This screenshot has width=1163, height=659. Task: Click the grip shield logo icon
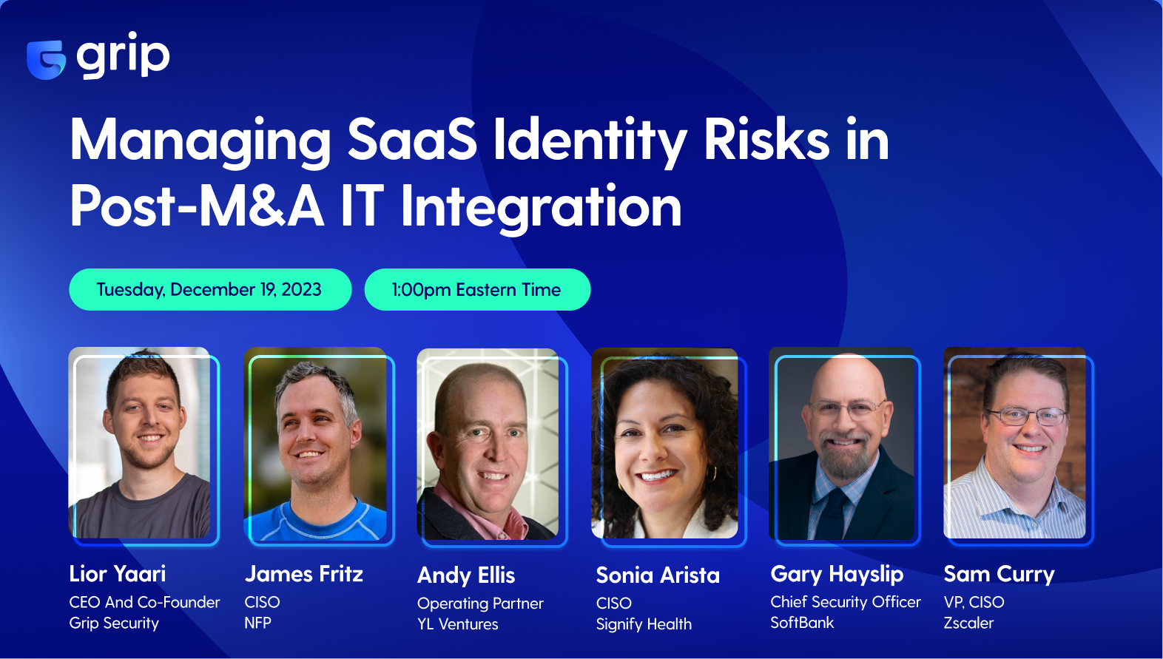46,59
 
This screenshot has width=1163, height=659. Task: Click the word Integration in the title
541,206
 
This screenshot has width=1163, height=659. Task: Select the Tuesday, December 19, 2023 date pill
209,289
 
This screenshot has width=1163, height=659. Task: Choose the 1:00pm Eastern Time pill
476,289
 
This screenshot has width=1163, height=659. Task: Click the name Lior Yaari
118,574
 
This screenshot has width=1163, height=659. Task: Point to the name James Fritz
303,574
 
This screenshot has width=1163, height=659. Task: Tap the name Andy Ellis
466,575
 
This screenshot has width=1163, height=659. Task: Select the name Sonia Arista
657,575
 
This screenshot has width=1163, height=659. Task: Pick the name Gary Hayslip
837,574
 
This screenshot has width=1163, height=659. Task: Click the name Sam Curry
999,574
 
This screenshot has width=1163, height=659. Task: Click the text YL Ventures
458,624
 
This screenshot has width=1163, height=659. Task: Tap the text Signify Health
644,624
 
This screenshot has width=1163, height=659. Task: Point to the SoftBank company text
802,623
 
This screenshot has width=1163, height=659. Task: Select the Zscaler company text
968,623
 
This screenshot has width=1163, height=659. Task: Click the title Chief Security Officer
846,602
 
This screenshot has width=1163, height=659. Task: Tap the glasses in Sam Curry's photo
1028,416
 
